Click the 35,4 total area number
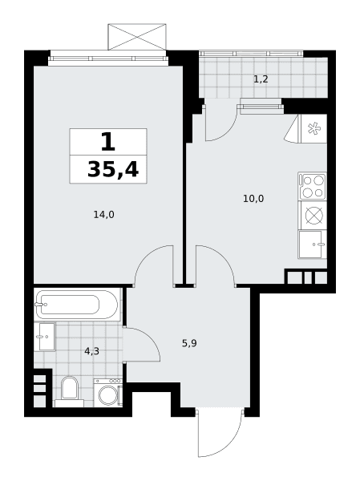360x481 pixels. (x=113, y=170)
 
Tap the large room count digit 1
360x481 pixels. (x=108, y=142)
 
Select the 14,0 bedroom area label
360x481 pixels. (x=103, y=215)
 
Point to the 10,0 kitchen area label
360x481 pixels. (x=253, y=199)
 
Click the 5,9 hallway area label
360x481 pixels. (x=189, y=343)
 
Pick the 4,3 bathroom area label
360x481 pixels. (x=91, y=351)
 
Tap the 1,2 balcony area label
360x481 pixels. (x=261, y=79)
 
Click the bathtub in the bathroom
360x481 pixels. (x=77, y=305)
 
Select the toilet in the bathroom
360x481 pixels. (x=70, y=392)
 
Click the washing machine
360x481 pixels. (x=108, y=393)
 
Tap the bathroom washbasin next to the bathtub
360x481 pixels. (x=47, y=337)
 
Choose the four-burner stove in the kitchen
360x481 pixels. (x=312, y=186)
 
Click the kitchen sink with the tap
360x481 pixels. (x=312, y=245)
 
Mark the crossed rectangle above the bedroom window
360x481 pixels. (x=137, y=37)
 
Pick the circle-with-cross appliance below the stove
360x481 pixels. (x=314, y=215)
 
